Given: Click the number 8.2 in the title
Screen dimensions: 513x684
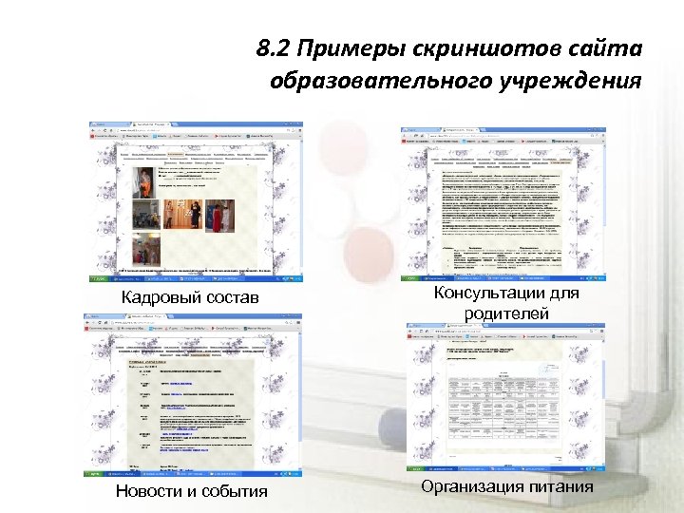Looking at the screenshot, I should coord(276,47).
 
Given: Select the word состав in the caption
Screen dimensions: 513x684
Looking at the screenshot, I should coord(232,301).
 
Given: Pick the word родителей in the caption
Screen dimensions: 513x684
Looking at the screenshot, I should coord(505,313).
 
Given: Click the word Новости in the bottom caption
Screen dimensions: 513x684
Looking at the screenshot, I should coord(151,491).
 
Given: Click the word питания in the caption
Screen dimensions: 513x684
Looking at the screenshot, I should coord(561,486).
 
